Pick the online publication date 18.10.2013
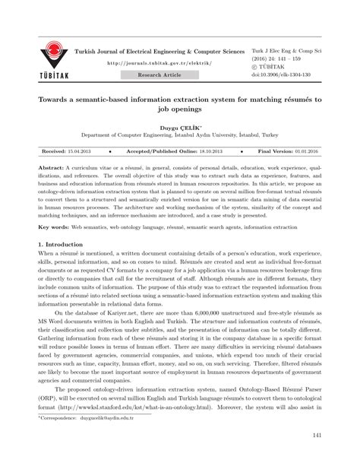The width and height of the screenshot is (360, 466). (218, 151)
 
